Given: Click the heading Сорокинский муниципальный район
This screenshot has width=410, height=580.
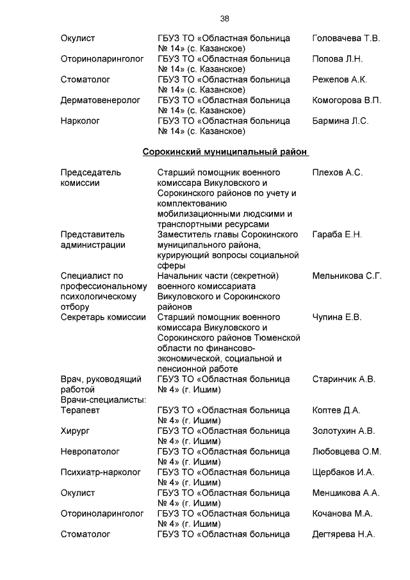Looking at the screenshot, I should pos(225,153).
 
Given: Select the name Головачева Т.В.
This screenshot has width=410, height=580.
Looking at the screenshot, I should pos(346,38).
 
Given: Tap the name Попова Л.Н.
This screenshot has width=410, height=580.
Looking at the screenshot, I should pos(338,59).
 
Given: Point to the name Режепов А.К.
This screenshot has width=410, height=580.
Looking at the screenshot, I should pos(340,79).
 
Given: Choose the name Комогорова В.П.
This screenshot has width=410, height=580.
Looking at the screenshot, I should pos(347,101).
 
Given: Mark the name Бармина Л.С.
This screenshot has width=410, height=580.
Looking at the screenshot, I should pos(340,121).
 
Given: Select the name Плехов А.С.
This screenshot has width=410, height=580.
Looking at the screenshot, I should pos(338,172).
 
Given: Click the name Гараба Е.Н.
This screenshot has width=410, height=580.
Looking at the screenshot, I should pos(337,235).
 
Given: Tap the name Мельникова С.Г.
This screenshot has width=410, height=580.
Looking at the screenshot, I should pos(347,276).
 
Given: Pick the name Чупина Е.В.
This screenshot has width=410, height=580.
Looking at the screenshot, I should pos(337,317).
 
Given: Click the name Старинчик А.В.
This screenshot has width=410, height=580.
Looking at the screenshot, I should pos(343,379).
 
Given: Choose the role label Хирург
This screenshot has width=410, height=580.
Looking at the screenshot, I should pos(74,431).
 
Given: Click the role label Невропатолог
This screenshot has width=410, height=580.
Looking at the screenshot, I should pos(88,452).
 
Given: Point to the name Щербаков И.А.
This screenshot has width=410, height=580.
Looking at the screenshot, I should pos(343,472).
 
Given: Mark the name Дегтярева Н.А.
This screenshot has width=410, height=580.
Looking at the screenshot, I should pos(343,534).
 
